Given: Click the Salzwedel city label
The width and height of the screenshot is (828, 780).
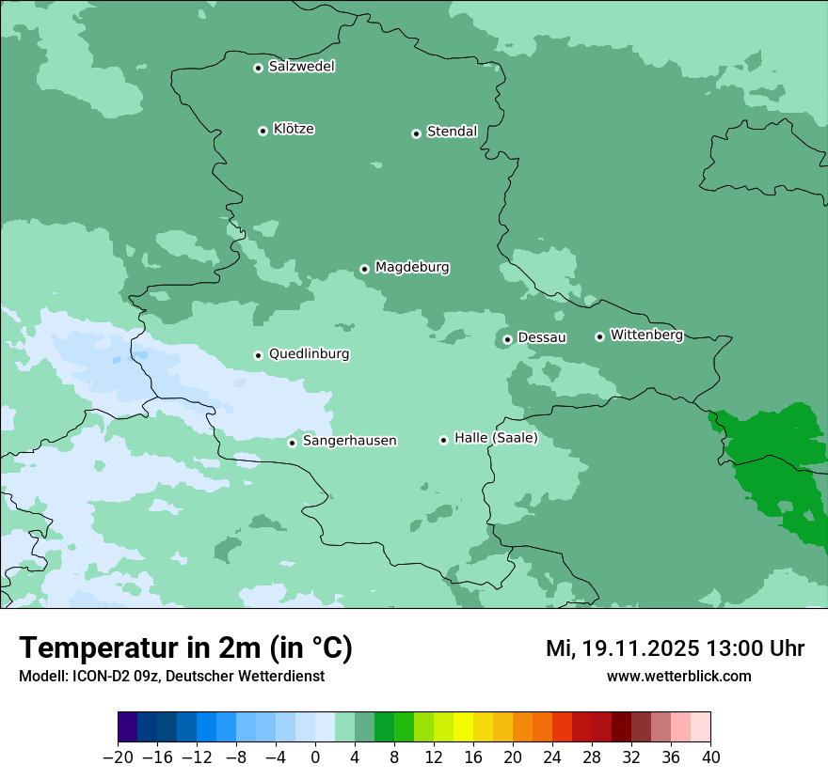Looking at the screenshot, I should coord(301,67).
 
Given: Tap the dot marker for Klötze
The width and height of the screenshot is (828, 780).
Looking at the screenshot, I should coord(263,131).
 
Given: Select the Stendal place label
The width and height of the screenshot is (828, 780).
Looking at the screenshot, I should coord(452,132).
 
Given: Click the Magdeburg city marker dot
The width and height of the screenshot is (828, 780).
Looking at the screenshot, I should coord(364,269).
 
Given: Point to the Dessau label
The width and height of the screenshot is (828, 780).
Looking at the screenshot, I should coord(542,337).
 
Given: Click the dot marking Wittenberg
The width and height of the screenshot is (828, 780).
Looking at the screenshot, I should coord(599,336).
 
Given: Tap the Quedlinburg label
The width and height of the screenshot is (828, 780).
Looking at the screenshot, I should coord(309,354).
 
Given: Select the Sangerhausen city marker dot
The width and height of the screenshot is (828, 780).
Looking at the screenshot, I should coord(292,443).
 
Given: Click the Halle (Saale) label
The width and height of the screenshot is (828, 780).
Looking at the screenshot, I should coord(496,438).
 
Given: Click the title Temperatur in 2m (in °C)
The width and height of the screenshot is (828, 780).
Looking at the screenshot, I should coord(185,648).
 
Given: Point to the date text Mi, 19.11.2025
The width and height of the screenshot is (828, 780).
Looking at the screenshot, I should coord(622,648).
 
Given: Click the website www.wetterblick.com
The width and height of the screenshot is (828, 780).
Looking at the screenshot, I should coord(678,676).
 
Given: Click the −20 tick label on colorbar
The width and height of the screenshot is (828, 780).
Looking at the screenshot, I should coord(118,757).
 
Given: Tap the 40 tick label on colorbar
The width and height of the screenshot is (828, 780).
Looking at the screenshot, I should coord(710,757).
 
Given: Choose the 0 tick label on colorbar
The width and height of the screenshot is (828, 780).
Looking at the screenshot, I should coord(315,757).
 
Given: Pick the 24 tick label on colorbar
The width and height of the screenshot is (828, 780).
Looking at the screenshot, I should coord(552,757).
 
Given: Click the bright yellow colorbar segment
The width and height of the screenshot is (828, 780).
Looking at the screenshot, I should coord(463,727).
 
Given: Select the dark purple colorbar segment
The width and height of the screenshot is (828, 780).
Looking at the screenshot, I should coord(128,727).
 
